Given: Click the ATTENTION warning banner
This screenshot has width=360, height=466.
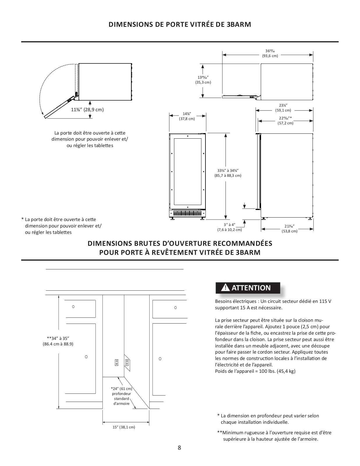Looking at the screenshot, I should click(x=248, y=288).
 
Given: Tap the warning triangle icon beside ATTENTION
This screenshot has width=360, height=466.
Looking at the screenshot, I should click(x=226, y=288).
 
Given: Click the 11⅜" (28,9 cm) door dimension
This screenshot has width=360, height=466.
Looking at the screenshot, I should click(x=87, y=110).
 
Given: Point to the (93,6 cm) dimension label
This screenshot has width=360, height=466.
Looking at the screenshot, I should click(x=270, y=56).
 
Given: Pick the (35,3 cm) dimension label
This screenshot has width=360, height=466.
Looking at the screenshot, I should click(x=203, y=82).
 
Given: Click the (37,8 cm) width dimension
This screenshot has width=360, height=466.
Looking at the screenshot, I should click(x=187, y=119).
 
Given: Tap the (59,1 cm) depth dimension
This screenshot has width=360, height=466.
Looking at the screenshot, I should click(x=283, y=110).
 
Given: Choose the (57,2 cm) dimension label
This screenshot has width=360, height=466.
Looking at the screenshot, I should click(x=285, y=123).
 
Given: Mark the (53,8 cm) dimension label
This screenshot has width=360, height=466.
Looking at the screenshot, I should click(x=290, y=231).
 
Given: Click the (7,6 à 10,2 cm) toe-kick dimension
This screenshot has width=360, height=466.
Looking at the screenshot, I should click(x=230, y=230).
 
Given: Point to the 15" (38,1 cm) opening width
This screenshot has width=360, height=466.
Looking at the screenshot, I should click(x=124, y=427).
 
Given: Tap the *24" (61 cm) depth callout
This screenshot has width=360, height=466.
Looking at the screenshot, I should click(x=121, y=389).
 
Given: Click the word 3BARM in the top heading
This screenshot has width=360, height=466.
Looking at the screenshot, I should click(x=238, y=24).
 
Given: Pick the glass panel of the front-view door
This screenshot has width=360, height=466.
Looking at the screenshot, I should click(x=187, y=172).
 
